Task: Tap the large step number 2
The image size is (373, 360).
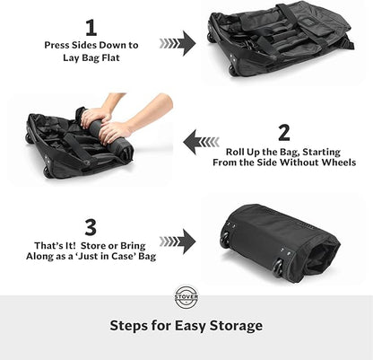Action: pos(284,132)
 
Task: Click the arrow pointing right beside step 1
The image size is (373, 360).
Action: pos(178,41)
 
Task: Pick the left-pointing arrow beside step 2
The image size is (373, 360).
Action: pos(201,140)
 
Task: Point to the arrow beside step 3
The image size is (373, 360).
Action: pos(178,241)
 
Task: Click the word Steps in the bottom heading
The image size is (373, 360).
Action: pos(129,326)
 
